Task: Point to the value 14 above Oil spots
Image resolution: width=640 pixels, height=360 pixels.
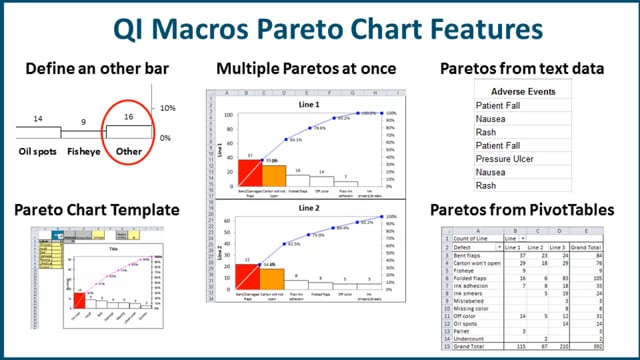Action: click(x=38, y=118)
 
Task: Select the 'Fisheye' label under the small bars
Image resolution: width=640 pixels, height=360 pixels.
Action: click(x=85, y=153)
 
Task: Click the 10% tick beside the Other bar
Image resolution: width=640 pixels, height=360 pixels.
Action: click(x=167, y=107)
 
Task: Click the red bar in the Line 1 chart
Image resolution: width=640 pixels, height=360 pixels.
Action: click(x=249, y=173)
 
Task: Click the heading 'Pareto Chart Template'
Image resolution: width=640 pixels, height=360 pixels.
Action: click(x=96, y=211)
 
